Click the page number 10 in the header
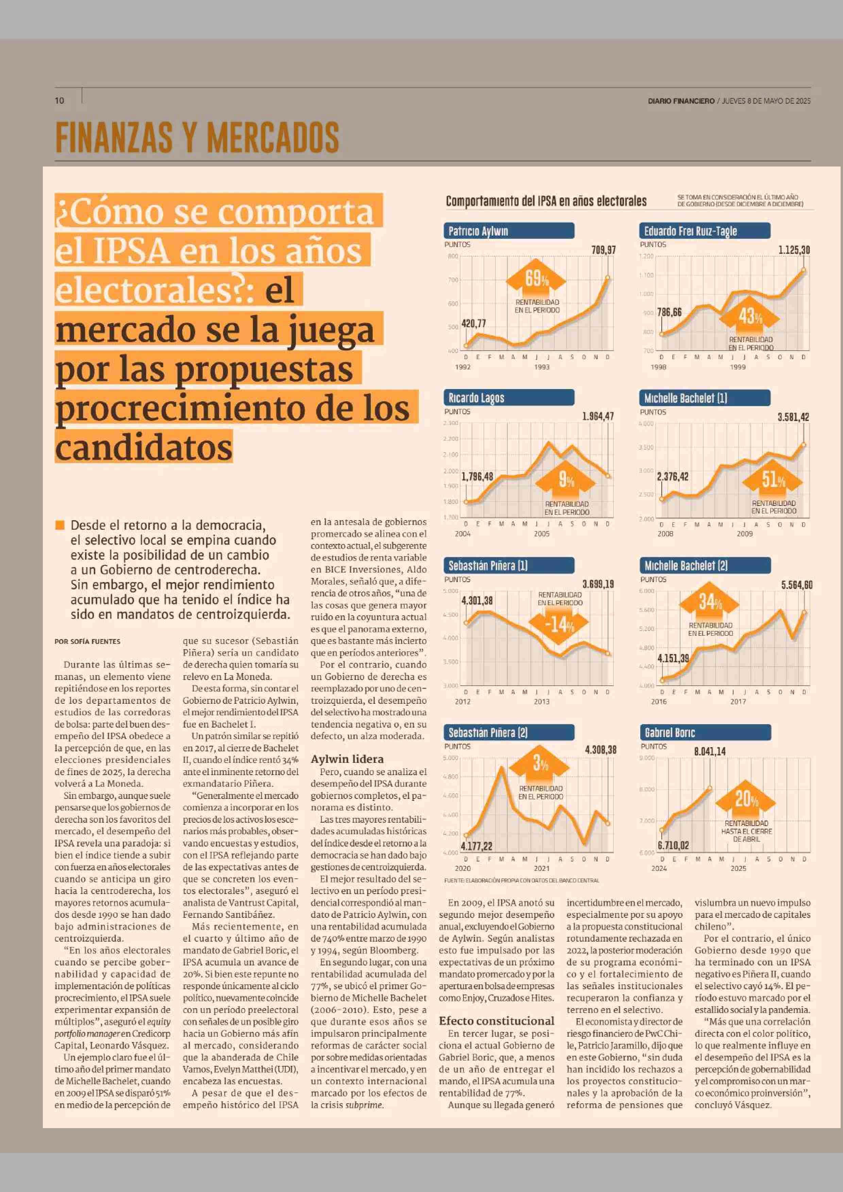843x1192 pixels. click(59, 100)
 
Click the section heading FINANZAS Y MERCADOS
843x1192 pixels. click(197, 138)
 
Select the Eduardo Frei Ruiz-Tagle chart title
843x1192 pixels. click(690, 231)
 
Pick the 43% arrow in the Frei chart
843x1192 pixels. click(751, 316)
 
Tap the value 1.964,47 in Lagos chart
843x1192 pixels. click(598, 416)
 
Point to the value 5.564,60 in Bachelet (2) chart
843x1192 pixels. click(796, 585)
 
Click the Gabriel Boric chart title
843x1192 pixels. click(670, 733)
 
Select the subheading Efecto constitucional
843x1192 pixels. click(496, 1021)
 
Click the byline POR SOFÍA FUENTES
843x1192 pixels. click(87, 642)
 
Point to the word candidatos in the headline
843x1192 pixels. click(144, 448)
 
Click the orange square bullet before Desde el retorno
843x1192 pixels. click(60, 525)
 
